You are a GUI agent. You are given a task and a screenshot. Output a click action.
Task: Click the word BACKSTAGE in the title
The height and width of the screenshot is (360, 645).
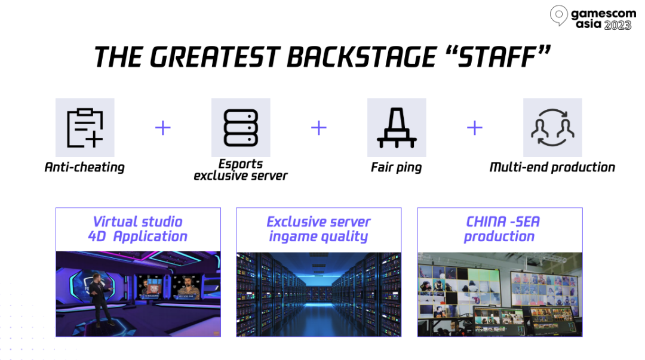(361, 57)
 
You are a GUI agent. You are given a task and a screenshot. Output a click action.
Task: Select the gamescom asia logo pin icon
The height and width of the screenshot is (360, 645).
(558, 15)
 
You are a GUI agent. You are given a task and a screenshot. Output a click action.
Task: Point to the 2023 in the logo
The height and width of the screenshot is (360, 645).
(618, 25)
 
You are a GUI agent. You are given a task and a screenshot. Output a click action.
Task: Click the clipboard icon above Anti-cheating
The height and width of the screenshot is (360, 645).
(85, 128)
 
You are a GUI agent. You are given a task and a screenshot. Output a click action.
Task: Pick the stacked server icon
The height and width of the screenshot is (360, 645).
(241, 128)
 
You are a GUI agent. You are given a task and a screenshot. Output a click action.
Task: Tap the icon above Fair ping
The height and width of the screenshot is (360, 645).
(397, 128)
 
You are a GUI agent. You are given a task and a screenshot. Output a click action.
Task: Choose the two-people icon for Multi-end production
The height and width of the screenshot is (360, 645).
(552, 128)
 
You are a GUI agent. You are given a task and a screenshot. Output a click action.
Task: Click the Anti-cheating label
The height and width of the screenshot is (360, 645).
(84, 167)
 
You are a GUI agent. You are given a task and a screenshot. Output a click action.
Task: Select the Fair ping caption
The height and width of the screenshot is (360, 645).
(396, 167)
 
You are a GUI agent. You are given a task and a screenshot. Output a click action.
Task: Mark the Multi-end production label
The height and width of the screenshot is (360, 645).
(552, 167)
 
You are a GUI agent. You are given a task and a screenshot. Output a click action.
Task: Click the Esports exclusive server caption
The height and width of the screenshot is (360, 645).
(241, 170)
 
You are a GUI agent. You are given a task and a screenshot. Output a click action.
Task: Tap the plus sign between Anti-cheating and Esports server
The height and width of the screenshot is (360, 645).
(163, 128)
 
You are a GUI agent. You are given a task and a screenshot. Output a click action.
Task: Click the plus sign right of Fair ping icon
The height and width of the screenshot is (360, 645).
(475, 128)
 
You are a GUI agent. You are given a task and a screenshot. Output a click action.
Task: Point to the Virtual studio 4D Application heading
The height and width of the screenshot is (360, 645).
(138, 229)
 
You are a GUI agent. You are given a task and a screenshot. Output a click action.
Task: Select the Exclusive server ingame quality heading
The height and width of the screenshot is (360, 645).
(318, 229)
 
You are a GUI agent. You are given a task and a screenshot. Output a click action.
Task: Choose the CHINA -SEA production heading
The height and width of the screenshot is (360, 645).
(500, 229)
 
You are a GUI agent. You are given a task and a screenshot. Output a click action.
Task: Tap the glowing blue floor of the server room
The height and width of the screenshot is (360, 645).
(318, 321)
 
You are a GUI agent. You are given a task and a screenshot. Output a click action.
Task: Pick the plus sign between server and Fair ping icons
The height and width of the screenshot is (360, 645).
(319, 128)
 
